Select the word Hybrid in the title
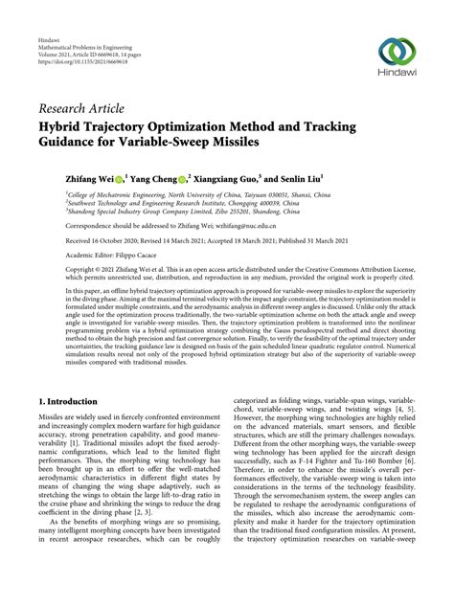point(65,124)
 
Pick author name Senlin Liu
point(297,178)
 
